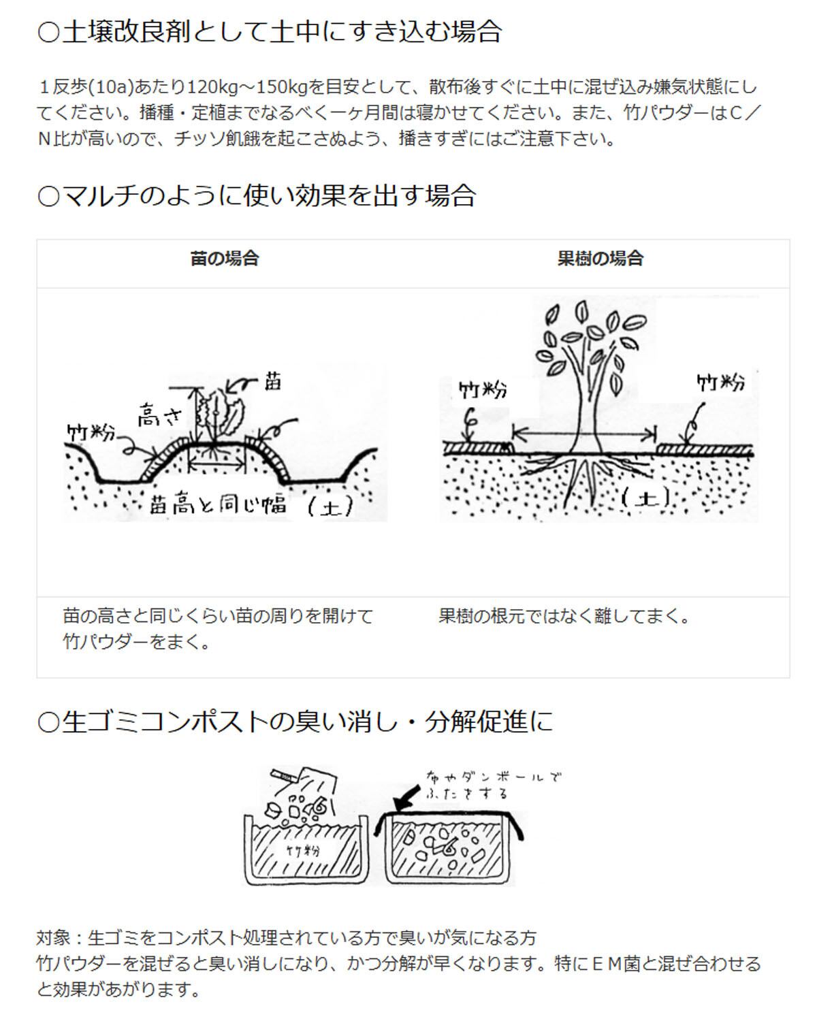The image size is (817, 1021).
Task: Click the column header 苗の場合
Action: [225, 259]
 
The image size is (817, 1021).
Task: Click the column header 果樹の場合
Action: [600, 259]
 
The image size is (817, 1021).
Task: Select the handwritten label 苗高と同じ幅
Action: [217, 504]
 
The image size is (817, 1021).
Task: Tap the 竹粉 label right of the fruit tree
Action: [720, 383]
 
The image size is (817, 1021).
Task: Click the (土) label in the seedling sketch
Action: [330, 506]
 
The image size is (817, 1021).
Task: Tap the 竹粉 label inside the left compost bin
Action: [303, 850]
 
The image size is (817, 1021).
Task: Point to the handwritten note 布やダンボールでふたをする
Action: [494, 785]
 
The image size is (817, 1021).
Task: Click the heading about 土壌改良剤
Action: [270, 32]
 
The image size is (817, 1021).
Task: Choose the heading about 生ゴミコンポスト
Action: [295, 722]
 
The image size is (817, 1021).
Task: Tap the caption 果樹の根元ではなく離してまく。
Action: [564, 617]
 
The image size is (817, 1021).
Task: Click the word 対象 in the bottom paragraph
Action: [53, 938]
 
